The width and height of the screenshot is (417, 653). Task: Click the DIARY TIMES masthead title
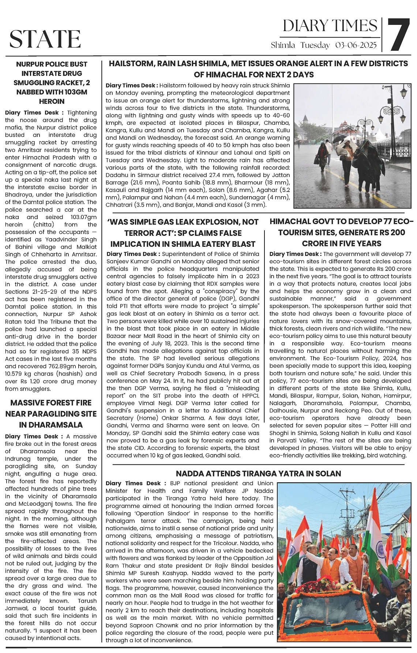330,26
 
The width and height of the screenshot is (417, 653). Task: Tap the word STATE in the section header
45,39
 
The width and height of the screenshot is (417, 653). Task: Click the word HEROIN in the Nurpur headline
52,101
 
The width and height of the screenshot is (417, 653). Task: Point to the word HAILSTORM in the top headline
132,64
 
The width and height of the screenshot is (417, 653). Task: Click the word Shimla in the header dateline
283,46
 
